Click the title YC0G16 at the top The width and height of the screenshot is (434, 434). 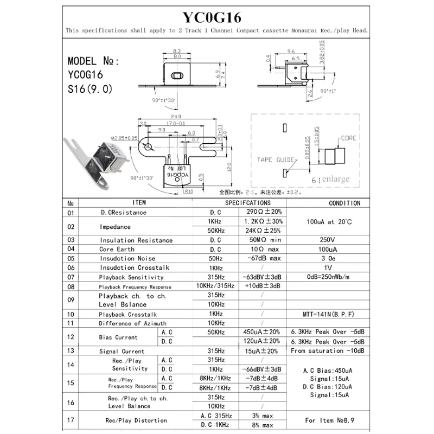coord(217,16)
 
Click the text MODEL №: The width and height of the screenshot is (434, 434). coord(93,61)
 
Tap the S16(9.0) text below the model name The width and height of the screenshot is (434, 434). coord(91,89)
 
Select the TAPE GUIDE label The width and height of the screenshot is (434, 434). coord(275,160)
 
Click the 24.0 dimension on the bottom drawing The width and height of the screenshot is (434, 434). coord(175,117)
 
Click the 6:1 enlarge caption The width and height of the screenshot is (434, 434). coord(330,179)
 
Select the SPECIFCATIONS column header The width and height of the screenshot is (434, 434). coord(247,203)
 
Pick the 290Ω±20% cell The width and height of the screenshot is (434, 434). coord(263,212)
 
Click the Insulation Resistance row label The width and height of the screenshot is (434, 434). coord(136,240)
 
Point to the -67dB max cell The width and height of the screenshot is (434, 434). coord(263,258)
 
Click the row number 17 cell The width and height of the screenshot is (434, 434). coord(70,420)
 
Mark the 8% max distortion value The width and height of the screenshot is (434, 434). coord(263,425)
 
